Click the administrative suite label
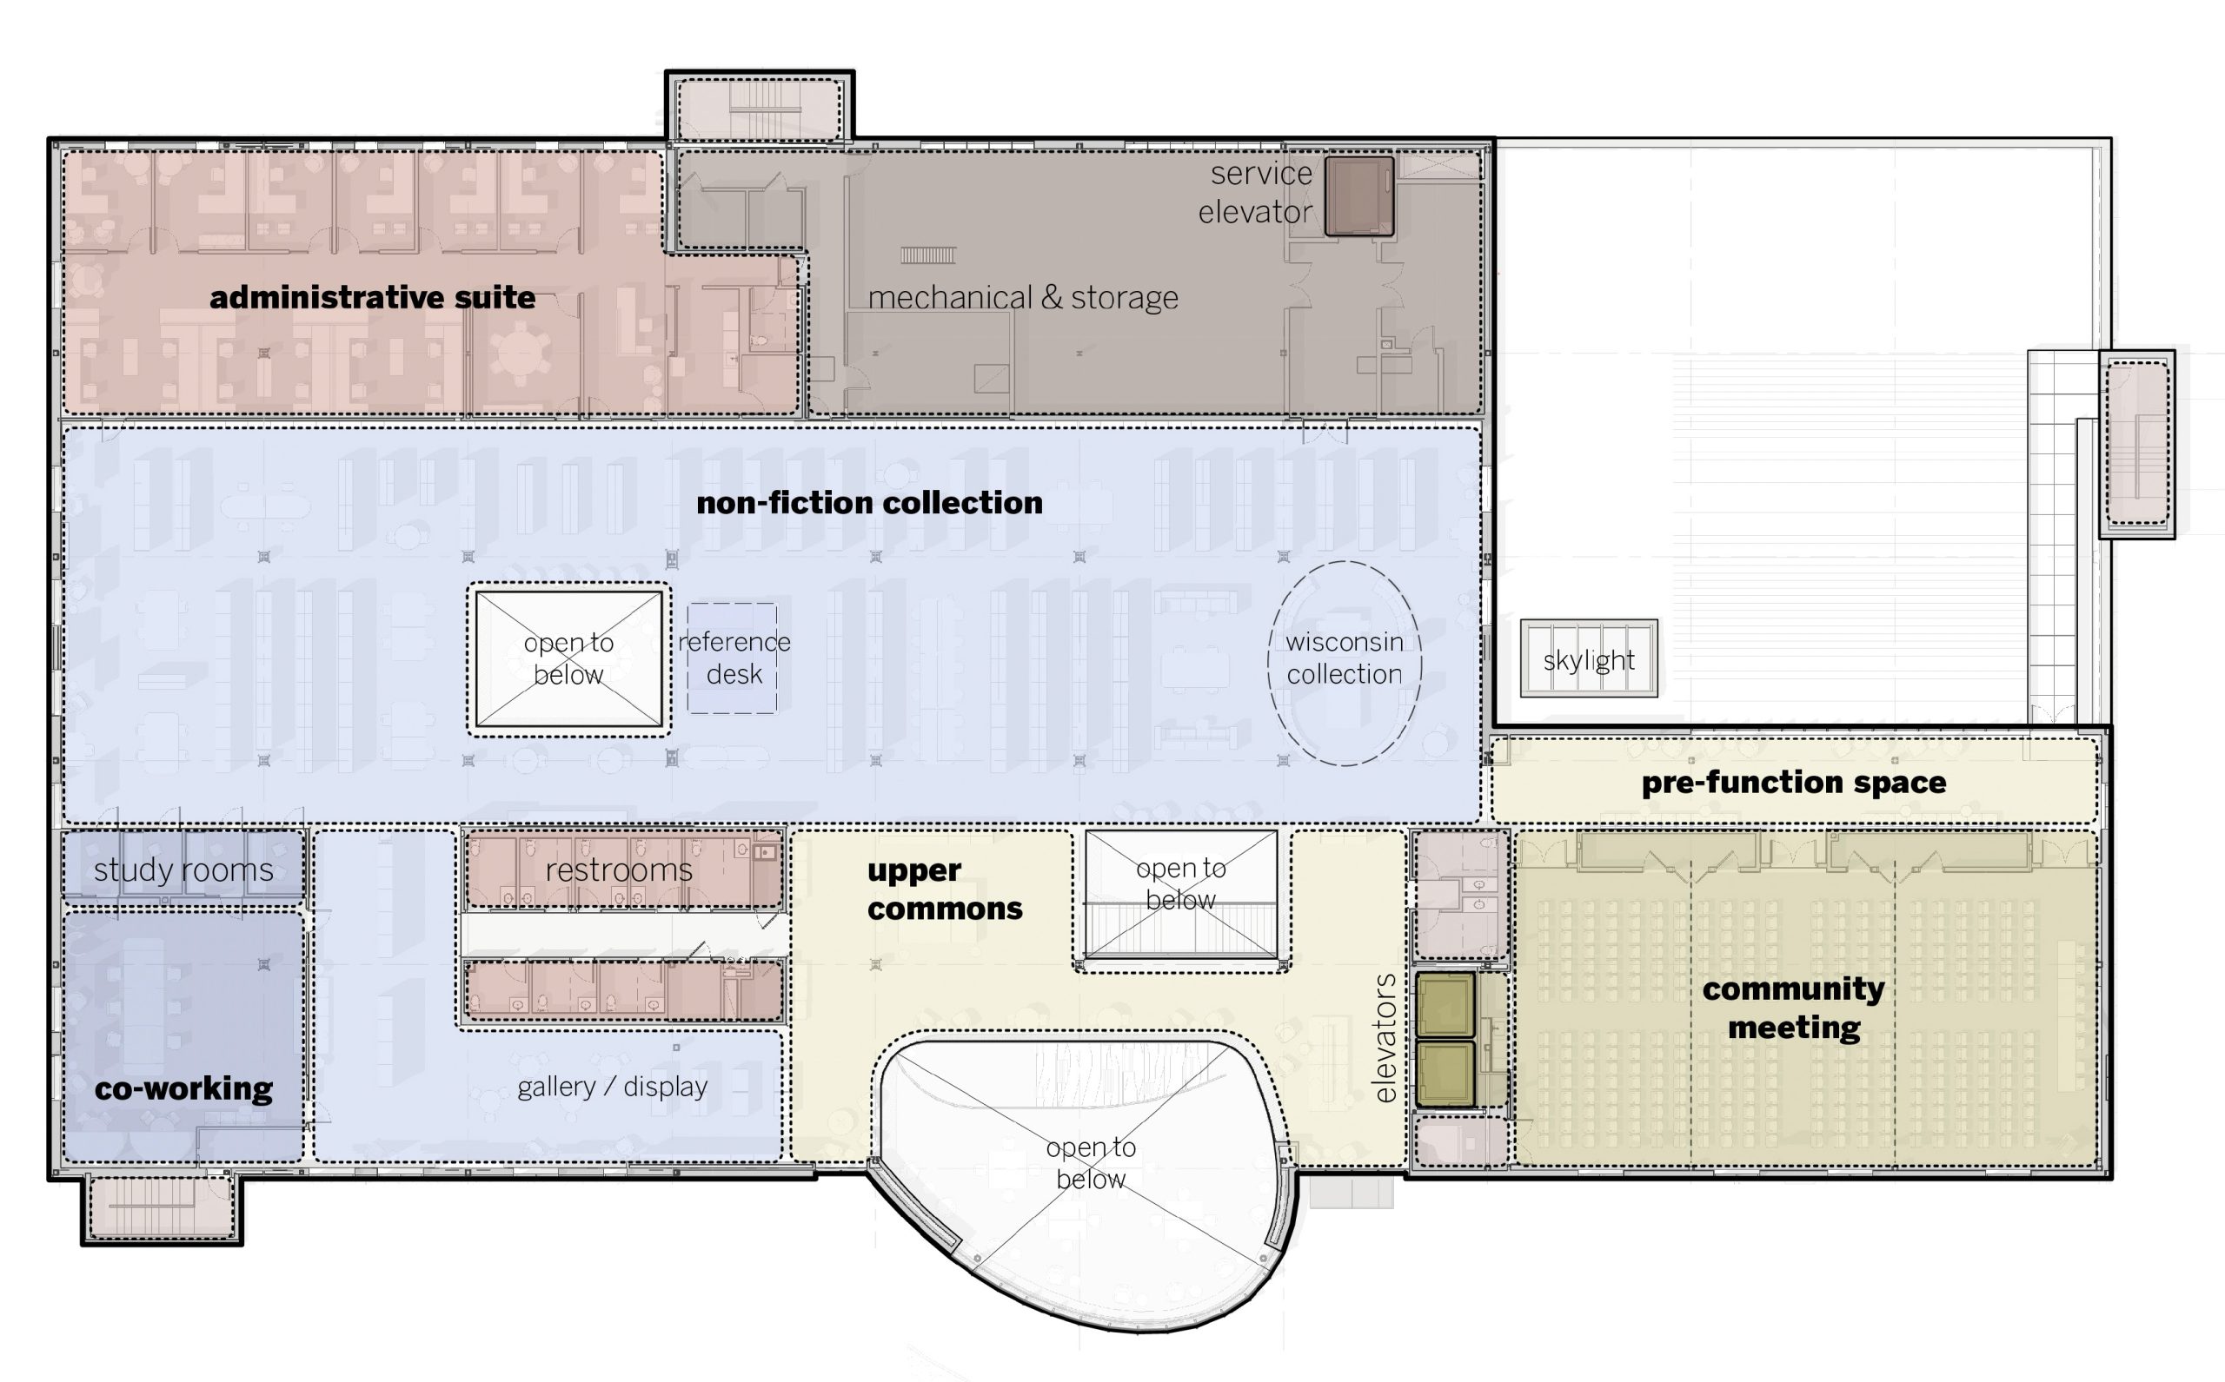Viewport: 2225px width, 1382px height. [372, 298]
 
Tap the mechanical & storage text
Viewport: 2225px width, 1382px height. [1022, 298]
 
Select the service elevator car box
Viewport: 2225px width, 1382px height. [1359, 196]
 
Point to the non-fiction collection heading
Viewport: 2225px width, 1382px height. [869, 503]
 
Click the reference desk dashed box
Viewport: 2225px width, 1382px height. [733, 658]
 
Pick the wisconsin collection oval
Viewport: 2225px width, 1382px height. [1345, 662]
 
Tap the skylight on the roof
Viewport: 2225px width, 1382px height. [1589, 659]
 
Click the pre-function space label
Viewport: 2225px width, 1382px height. [1793, 783]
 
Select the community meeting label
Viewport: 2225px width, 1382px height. [1793, 1008]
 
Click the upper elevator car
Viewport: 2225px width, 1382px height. [1445, 1003]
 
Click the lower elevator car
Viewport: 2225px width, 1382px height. [1445, 1074]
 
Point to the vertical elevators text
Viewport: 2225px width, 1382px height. [1385, 1037]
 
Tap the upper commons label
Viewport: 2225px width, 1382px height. [944, 889]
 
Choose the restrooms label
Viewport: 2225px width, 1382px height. [619, 870]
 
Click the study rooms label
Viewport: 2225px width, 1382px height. [183, 870]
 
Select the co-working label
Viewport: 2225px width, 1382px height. [183, 1088]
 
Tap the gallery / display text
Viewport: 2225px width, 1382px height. [612, 1087]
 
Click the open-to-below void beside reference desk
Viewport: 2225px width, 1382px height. [568, 659]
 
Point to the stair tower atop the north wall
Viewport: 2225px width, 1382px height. [758, 108]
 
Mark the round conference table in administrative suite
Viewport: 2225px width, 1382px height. [520, 353]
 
